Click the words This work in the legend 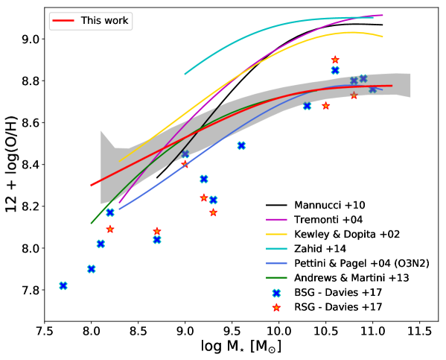point(104,21)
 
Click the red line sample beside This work point(63,21)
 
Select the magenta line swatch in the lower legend point(276,220)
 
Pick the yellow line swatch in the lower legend point(276,234)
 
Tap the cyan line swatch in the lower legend point(276,248)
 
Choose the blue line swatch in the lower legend point(276,263)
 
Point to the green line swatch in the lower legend point(276,277)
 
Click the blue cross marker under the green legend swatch point(276,293)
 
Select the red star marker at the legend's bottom point(276,307)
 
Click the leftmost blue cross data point point(63,285)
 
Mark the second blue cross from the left point(92,268)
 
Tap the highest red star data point point(335,60)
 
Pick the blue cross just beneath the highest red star point(335,70)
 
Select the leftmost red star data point point(110,229)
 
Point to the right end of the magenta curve point(383,15)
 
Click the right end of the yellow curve point(383,37)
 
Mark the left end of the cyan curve point(185,74)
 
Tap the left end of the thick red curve point(92,185)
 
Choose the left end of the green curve point(92,223)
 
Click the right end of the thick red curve point(392,86)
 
